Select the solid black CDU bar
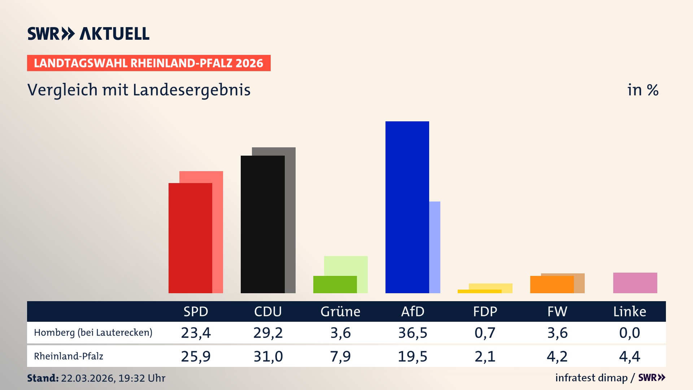tap(262, 224)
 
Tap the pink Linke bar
tap(635, 283)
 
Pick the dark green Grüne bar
tap(335, 285)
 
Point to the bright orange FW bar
tap(552, 285)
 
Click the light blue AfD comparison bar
tap(435, 247)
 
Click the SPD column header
tap(196, 311)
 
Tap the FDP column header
tap(485, 311)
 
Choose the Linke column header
tap(629, 311)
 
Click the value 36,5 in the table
tap(413, 333)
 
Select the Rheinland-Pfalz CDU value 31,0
tap(268, 356)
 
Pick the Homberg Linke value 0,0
tap(629, 333)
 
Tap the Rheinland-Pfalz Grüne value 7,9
tap(340, 356)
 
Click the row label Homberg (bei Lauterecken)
tap(93, 333)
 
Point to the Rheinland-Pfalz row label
tap(69, 356)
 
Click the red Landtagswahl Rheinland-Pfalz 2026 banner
tap(149, 63)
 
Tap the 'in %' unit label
tap(642, 90)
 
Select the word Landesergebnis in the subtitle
tap(191, 90)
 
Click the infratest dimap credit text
tap(591, 378)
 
